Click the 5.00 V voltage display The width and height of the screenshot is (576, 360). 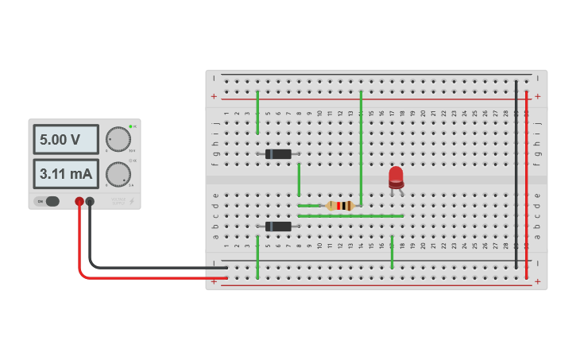pyautogui.click(x=65, y=139)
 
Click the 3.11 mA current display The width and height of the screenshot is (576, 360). pyautogui.click(x=65, y=173)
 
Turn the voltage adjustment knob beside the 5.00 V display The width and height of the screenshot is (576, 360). pyautogui.click(x=118, y=139)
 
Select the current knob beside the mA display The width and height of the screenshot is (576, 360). pyautogui.click(x=118, y=174)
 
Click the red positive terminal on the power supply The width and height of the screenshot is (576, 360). pyautogui.click(x=79, y=202)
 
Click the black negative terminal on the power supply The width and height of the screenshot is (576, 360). pyautogui.click(x=90, y=202)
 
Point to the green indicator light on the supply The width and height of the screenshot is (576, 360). pyautogui.click(x=130, y=126)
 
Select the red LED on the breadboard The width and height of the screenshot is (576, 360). pyautogui.click(x=396, y=177)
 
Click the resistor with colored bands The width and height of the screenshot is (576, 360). pyautogui.click(x=340, y=206)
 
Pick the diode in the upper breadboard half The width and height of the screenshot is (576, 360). pyautogui.click(x=278, y=154)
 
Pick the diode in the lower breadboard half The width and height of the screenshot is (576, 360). pyautogui.click(x=278, y=226)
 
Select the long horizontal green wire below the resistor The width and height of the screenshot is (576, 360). pyautogui.click(x=350, y=215)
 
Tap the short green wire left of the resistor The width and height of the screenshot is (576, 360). pyautogui.click(x=308, y=206)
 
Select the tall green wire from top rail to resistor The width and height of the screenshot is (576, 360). pyautogui.click(x=361, y=147)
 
